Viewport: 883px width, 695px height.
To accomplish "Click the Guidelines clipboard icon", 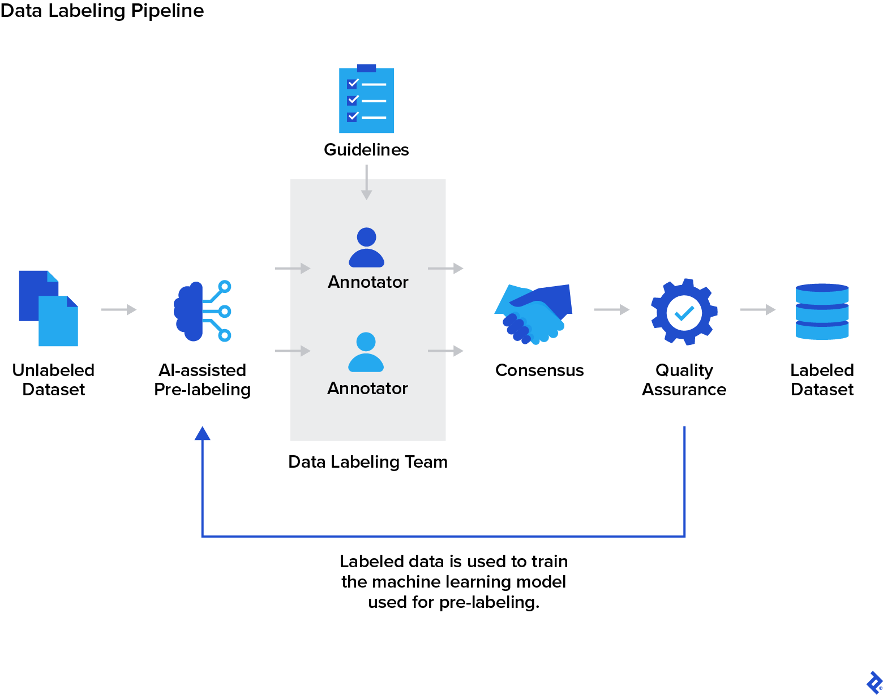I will [366, 100].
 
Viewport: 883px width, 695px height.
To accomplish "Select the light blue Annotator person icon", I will [366, 352].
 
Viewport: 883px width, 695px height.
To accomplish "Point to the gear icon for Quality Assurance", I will [684, 312].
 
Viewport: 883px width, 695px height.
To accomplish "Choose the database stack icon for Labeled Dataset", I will [822, 312].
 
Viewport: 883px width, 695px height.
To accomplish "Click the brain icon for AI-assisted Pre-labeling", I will [201, 311].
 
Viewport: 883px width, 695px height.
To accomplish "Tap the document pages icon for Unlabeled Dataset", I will [48, 308].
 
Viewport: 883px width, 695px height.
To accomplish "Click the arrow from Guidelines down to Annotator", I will [367, 183].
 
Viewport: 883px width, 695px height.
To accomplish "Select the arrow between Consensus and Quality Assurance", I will [611, 309].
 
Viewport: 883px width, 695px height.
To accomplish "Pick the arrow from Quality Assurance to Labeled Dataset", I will [757, 309].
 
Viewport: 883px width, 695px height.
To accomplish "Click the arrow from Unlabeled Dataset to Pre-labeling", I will [119, 309].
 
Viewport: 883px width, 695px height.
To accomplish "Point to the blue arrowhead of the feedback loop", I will [202, 434].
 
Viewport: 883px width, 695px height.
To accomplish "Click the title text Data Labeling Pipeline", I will [102, 11].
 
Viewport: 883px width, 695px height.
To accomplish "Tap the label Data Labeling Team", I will [368, 462].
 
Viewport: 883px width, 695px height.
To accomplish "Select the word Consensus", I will [539, 370].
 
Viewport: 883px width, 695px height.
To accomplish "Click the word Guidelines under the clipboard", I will [366, 150].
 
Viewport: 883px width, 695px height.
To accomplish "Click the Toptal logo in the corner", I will [874, 682].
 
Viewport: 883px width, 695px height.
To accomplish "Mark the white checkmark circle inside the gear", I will [684, 313].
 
